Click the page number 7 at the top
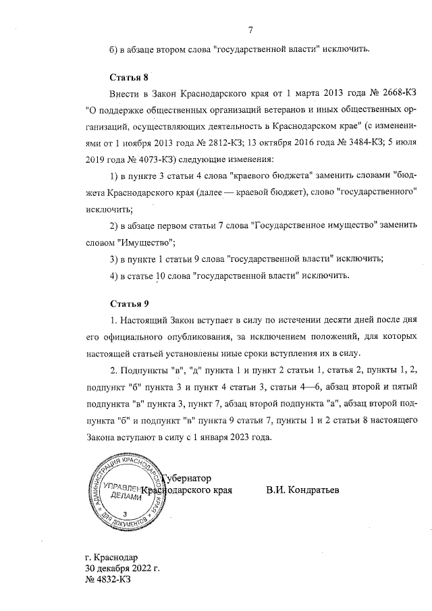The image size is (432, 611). [250, 29]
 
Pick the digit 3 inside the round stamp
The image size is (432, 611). [125, 514]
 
